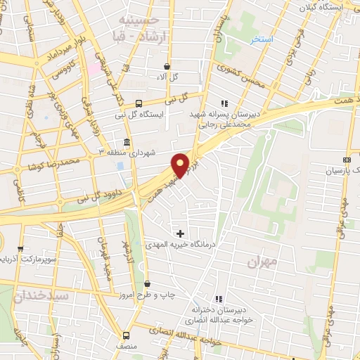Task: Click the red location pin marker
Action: [x=181, y=165]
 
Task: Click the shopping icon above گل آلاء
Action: [x=165, y=67]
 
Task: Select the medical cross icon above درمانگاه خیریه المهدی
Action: [x=181, y=233]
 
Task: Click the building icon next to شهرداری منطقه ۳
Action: [x=127, y=141]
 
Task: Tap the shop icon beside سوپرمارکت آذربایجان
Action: [x=20, y=248]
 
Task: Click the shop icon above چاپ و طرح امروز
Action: [x=148, y=284]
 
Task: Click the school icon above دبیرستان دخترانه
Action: [x=219, y=299]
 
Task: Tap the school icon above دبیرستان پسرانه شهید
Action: [x=225, y=103]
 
